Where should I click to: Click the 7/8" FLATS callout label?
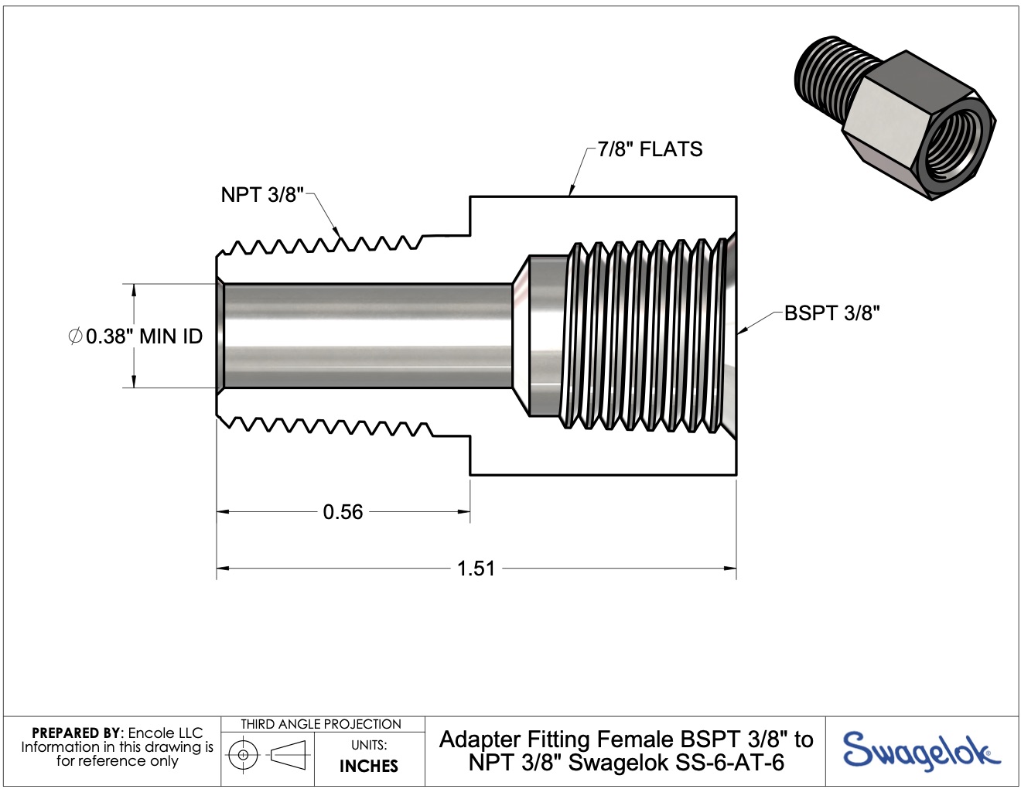[650, 149]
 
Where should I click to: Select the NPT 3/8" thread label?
[262, 195]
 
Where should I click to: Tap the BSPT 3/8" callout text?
[832, 313]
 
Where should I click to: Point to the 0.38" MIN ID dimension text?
[144, 336]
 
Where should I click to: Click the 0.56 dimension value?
[343, 512]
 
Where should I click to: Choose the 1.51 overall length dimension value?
[476, 569]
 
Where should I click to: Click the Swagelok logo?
[920, 751]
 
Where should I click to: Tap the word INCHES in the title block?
[369, 766]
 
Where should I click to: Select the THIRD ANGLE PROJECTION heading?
[321, 724]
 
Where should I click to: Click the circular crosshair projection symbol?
[244, 754]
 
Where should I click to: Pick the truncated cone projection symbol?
[289, 754]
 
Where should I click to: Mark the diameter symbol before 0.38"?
[75, 336]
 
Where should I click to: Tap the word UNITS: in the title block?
[369, 745]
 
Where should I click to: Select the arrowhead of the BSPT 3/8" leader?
[741, 331]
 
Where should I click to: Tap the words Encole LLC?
[166, 733]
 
